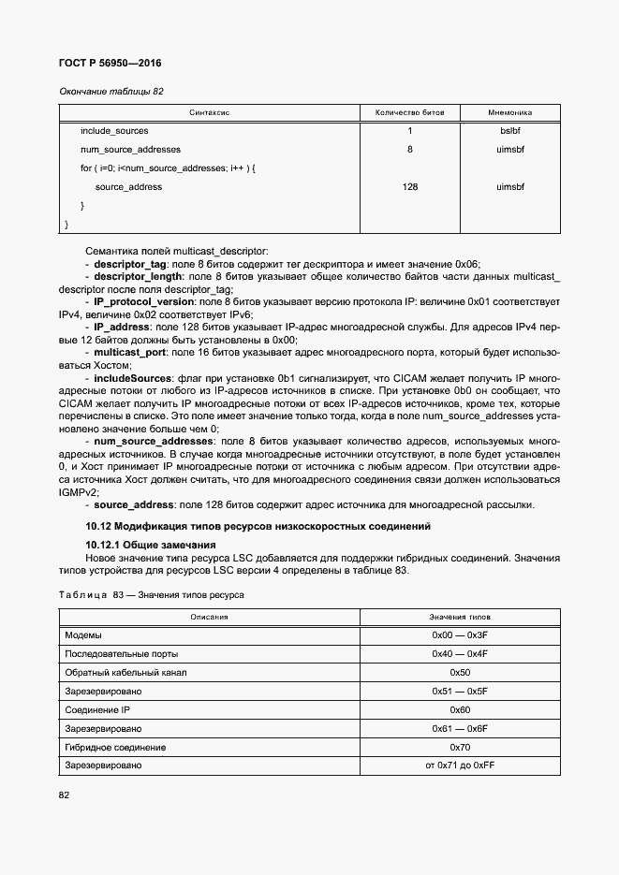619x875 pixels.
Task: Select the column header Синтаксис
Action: tap(210, 112)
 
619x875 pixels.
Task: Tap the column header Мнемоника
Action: tap(509, 112)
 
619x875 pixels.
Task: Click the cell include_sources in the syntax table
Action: tap(114, 131)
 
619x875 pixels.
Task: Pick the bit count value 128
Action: tap(409, 187)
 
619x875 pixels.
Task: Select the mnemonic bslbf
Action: tap(509, 131)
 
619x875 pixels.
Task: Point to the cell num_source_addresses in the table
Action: tap(130, 150)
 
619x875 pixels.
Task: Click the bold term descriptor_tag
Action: tap(132, 265)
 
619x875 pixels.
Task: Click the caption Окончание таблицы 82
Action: tap(111, 92)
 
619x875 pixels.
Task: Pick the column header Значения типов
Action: tap(459, 618)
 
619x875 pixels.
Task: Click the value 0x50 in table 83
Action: tap(460, 673)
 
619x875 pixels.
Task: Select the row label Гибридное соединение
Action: tap(115, 748)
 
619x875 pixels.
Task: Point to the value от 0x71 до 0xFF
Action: tap(460, 766)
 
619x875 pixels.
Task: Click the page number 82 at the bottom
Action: tap(65, 795)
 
